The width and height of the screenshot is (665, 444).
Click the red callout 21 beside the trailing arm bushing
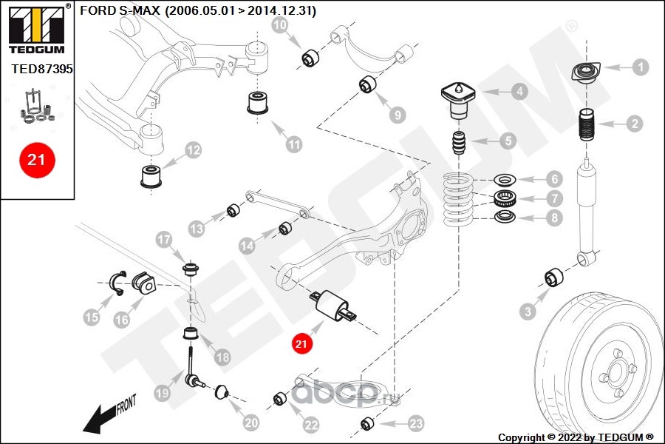[301, 343]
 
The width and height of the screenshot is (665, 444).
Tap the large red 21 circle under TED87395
[37, 159]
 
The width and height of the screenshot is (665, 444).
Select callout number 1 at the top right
[640, 67]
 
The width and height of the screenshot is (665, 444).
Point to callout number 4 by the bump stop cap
[520, 92]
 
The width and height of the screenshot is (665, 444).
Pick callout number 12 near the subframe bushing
[192, 151]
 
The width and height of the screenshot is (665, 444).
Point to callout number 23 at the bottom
[416, 423]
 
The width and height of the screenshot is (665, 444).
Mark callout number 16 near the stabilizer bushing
[122, 320]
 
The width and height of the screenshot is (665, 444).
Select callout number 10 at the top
[280, 25]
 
